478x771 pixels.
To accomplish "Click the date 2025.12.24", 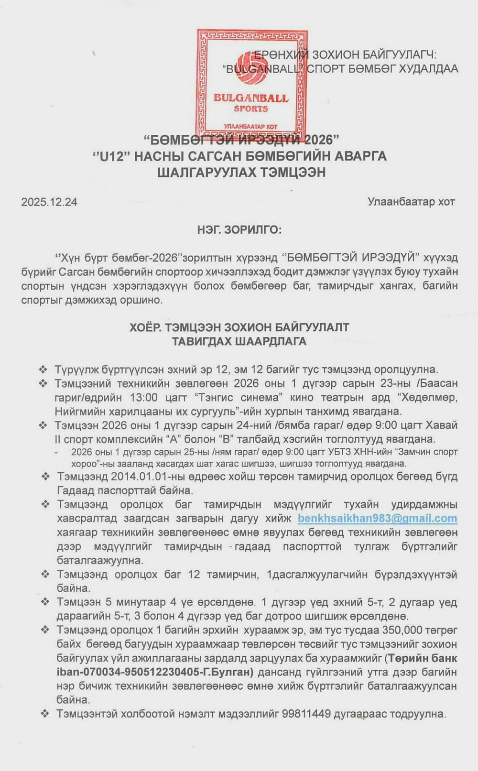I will (49, 202).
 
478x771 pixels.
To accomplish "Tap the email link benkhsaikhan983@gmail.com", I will (377, 519).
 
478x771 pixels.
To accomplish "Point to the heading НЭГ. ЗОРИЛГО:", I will (239, 230).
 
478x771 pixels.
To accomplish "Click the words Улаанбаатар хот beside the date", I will (411, 202).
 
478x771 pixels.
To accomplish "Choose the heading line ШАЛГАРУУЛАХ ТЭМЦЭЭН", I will (241, 172).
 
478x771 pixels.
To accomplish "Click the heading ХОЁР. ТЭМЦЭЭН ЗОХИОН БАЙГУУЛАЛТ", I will (239, 327).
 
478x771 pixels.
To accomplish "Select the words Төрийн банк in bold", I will (423, 658).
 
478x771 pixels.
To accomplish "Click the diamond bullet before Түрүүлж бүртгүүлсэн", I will (43, 369).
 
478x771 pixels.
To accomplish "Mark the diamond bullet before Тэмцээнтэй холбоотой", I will (46, 715).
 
